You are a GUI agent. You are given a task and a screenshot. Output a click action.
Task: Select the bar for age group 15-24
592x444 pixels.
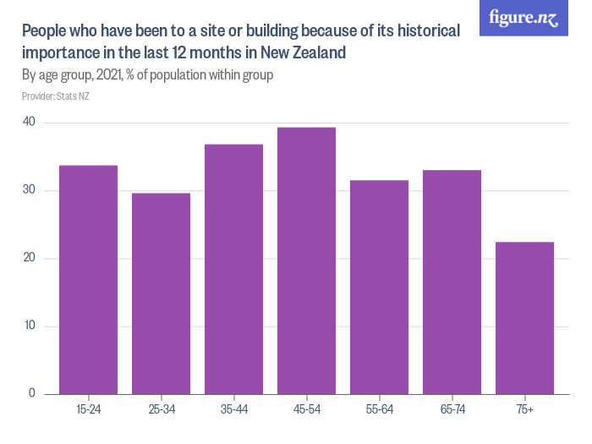(88, 279)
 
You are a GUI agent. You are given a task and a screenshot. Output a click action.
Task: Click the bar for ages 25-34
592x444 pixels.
(161, 293)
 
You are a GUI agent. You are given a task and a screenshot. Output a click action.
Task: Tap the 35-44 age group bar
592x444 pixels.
(233, 269)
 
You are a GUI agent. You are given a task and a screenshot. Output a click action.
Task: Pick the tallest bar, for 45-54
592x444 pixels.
(306, 260)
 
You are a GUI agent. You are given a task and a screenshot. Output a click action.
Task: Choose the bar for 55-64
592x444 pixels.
(379, 287)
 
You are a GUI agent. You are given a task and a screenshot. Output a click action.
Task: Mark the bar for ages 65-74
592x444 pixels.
(452, 282)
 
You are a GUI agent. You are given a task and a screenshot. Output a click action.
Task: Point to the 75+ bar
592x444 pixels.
(524, 318)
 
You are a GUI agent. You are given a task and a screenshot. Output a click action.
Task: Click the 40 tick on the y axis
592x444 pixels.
(30, 123)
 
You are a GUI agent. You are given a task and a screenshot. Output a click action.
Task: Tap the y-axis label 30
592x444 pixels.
(30, 190)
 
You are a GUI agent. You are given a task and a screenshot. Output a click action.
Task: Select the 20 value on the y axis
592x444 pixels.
(30, 258)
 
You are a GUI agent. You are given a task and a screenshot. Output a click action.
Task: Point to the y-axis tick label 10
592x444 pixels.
(30, 326)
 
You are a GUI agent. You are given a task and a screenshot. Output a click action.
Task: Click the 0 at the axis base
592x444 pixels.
(32, 393)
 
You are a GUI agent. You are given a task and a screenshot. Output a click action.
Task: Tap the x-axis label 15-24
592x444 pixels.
(88, 410)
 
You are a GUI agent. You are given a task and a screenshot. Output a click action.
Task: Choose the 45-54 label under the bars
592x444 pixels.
(306, 410)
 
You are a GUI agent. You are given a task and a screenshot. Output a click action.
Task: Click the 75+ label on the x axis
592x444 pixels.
(524, 410)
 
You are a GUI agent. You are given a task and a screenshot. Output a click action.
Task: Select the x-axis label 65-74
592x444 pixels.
(452, 410)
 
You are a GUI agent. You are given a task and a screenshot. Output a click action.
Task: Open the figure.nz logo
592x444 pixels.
(523, 18)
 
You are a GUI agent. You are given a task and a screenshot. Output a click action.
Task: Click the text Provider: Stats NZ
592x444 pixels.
(56, 96)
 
